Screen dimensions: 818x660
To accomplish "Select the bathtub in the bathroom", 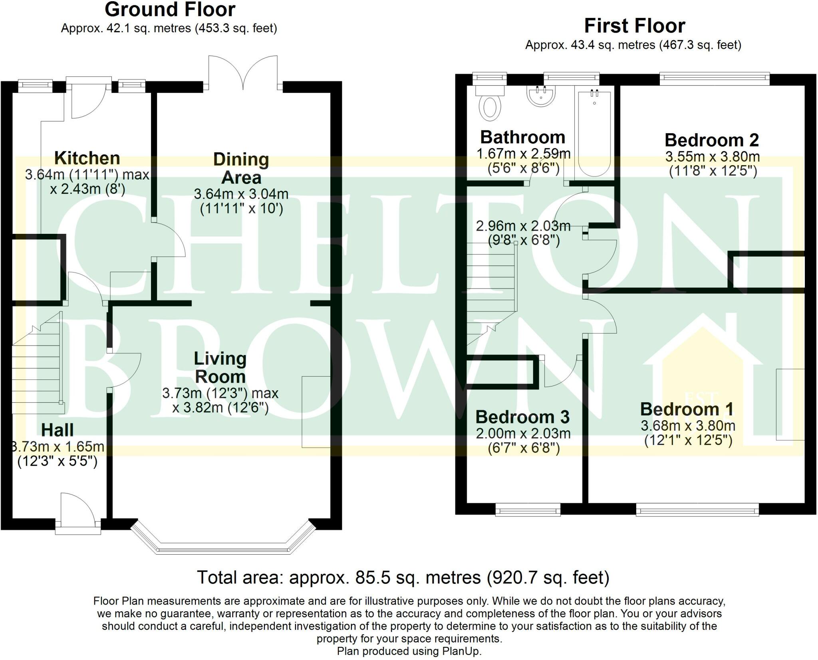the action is [x=594, y=133].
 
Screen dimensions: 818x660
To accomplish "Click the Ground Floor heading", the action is [x=170, y=10].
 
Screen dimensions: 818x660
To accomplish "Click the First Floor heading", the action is [x=635, y=26].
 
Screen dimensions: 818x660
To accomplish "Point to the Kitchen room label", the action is [x=87, y=158].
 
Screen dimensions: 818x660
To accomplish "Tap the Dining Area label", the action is [x=241, y=168].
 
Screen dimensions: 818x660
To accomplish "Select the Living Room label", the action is [x=220, y=367].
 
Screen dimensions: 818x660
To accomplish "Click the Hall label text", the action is [x=58, y=430].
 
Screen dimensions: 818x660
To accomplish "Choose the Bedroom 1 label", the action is [x=687, y=409].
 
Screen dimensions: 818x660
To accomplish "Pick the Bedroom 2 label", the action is [x=712, y=140].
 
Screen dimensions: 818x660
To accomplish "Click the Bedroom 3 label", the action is [x=522, y=417].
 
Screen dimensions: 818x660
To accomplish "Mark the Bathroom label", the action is [x=523, y=137].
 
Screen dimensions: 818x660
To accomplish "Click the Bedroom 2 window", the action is [x=715, y=78].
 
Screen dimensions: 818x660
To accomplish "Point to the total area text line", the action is [x=403, y=577].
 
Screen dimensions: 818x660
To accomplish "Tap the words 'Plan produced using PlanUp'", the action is [x=409, y=651].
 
